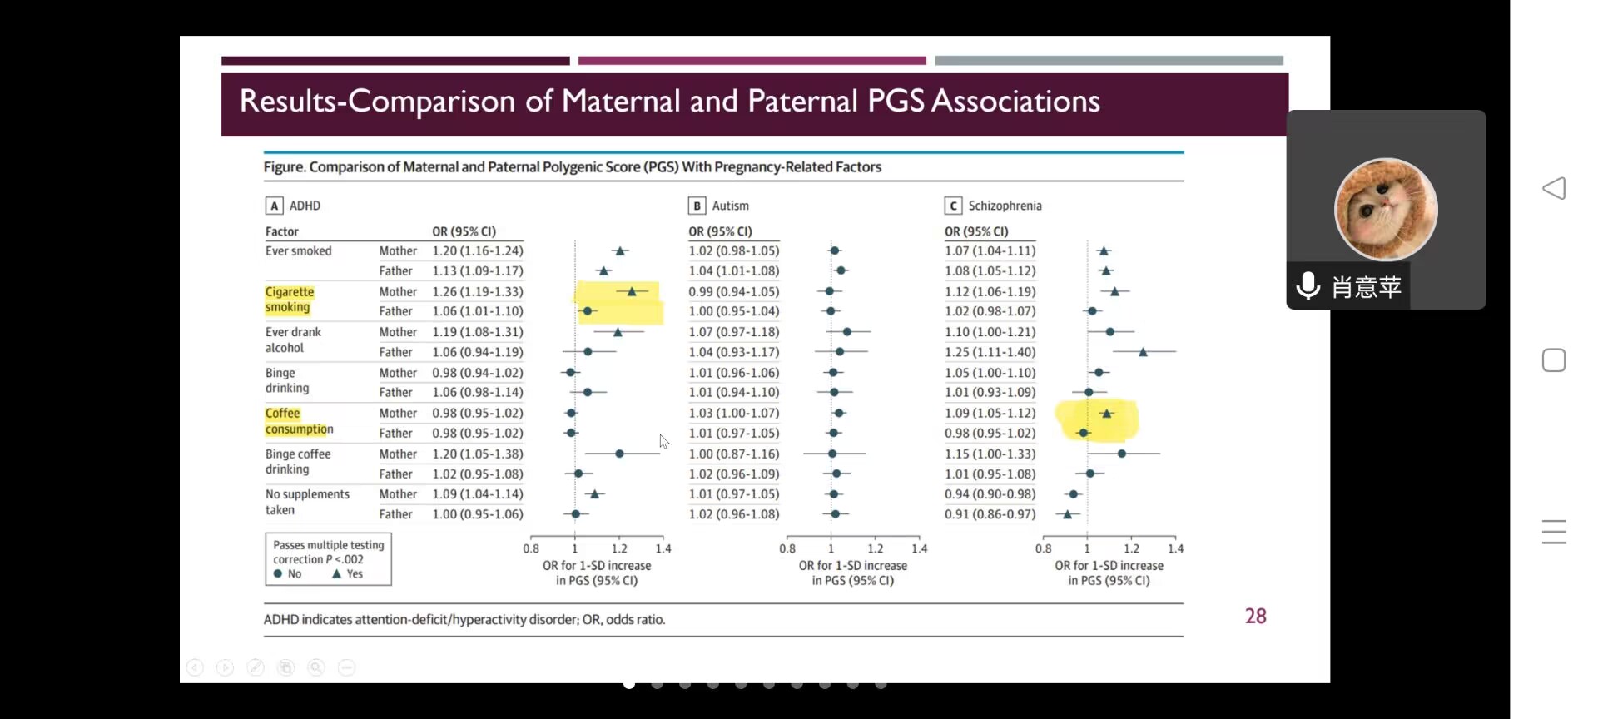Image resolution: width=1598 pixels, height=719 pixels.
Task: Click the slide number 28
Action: coord(1255,616)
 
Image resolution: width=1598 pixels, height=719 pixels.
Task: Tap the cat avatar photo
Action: coord(1386,210)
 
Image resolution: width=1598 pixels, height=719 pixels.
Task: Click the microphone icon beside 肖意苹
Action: coord(1308,285)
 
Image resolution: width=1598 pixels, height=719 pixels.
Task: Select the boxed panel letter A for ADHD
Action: coord(274,206)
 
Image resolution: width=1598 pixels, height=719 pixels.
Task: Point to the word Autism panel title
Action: coord(730,206)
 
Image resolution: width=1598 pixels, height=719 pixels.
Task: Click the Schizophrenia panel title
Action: coord(1005,206)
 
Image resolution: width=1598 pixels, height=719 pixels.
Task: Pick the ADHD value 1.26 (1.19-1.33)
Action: coord(478,291)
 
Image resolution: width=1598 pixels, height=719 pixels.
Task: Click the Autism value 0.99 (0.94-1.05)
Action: coord(733,291)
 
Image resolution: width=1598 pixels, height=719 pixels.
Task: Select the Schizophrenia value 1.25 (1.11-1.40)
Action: coord(990,352)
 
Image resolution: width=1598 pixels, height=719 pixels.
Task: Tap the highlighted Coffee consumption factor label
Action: coord(299,421)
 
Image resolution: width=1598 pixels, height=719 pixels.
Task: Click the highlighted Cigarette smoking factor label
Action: coord(289,300)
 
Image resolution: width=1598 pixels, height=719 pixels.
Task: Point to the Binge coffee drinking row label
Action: coord(298,461)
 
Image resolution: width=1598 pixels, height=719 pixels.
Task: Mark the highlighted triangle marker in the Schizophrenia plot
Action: coord(1106,413)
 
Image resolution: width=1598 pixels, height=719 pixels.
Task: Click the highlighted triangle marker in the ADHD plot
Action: coord(632,291)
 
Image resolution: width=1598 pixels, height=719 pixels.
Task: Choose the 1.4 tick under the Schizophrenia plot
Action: coord(1175,548)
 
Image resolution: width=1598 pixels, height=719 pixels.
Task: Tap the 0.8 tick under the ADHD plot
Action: coord(531,548)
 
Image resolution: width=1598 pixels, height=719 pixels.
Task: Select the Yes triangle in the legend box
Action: coord(337,573)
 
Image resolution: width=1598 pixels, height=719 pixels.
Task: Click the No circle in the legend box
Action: coord(278,573)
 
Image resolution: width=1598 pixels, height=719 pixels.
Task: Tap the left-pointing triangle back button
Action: coord(1553,188)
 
